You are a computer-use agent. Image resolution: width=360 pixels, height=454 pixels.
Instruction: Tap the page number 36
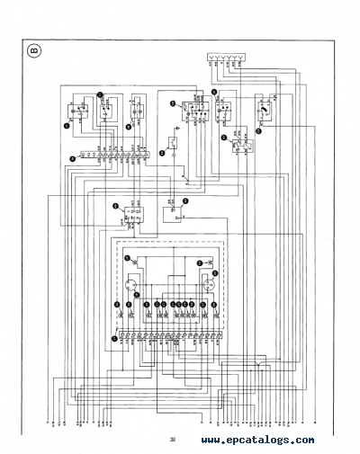171,440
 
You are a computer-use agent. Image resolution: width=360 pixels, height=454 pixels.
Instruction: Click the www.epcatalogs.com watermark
257,440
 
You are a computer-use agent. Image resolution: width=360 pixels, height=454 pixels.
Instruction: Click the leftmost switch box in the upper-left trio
76,114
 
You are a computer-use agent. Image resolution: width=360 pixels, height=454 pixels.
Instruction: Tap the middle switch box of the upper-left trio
107,111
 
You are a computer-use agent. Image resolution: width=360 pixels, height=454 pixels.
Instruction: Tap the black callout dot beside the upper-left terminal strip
66,159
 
